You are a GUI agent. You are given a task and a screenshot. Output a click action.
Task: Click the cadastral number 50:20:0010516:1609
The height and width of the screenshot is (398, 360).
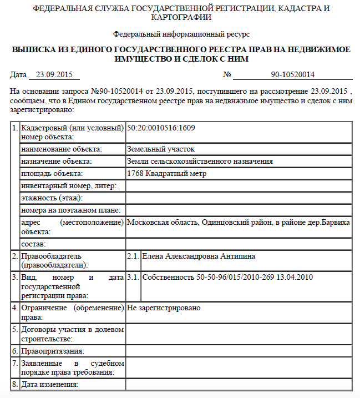161,128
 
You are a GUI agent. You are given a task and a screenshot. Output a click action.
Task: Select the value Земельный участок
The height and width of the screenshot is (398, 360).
161,149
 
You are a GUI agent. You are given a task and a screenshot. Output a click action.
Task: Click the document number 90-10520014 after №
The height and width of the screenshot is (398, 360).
292,74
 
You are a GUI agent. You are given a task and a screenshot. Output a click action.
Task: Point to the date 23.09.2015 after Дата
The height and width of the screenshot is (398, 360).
54,74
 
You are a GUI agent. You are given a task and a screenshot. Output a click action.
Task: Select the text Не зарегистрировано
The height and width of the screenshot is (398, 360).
164,307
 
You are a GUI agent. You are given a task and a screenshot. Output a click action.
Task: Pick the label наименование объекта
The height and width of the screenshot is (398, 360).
62,149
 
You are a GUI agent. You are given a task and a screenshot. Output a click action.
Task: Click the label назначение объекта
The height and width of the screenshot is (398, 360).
57,162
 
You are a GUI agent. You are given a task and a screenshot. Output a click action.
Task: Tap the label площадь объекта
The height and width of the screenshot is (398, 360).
53,174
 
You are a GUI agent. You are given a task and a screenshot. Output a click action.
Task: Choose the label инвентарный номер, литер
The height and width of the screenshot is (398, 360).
69,186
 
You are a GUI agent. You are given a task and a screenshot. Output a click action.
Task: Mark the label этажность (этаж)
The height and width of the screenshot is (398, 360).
52,198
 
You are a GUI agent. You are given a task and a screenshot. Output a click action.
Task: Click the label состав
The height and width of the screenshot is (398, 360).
33,244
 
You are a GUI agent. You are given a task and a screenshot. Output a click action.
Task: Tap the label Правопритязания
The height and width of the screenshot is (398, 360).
52,351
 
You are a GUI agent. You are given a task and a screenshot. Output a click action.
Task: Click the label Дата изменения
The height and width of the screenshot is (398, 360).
50,384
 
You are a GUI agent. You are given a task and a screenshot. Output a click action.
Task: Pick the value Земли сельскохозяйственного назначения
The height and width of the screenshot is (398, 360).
200,162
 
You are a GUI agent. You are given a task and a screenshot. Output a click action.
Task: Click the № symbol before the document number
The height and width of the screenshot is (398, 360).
226,74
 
